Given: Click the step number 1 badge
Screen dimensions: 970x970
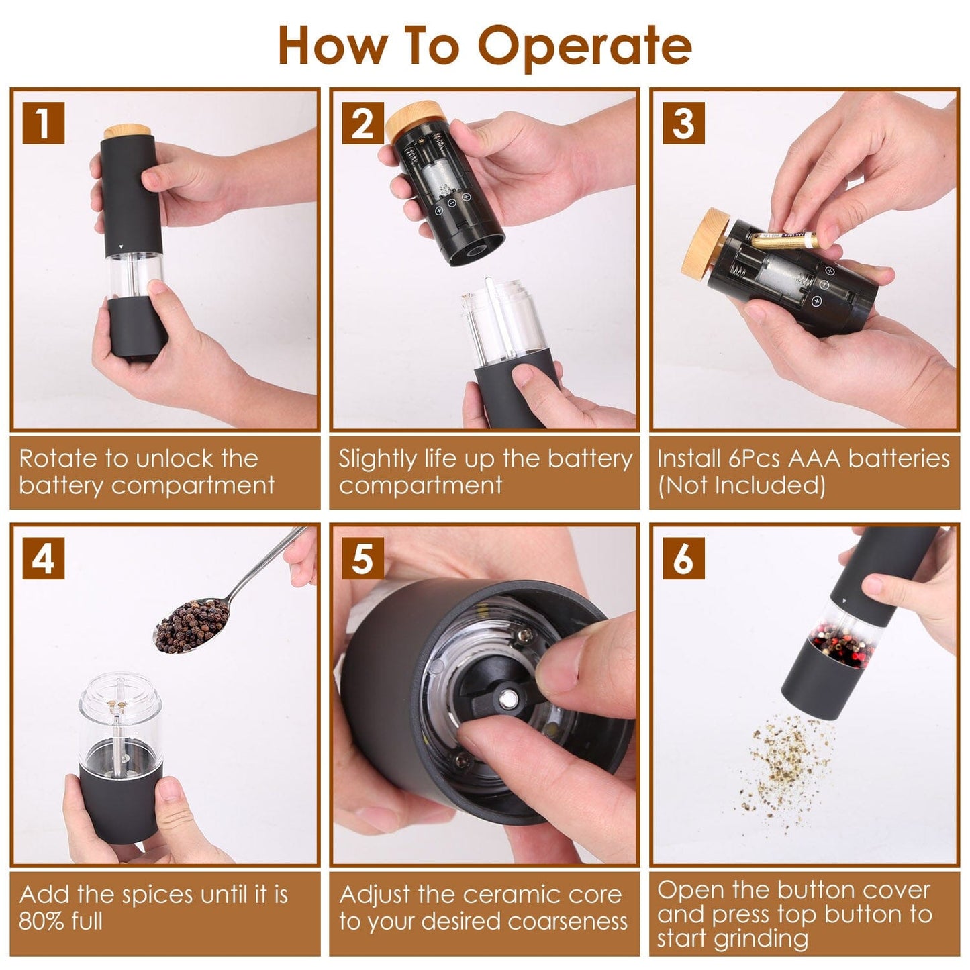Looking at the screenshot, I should click(x=43, y=123).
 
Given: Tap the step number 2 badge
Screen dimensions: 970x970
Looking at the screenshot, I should click(x=362, y=123).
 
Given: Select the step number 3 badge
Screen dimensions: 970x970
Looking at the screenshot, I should click(x=683, y=123).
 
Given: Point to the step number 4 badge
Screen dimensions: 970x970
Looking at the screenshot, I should click(x=43, y=558).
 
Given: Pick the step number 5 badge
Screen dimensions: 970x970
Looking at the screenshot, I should click(x=362, y=558).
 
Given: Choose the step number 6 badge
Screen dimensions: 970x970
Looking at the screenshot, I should click(x=683, y=558).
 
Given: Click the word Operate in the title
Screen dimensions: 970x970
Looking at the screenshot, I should click(x=584, y=46).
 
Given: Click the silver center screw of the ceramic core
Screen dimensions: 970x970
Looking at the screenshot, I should click(x=510, y=699).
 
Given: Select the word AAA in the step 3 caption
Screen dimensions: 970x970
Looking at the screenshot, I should click(x=814, y=458).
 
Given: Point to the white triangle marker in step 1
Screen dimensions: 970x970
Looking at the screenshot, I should click(x=120, y=247).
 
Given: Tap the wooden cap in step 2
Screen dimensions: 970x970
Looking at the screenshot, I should click(x=407, y=121).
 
